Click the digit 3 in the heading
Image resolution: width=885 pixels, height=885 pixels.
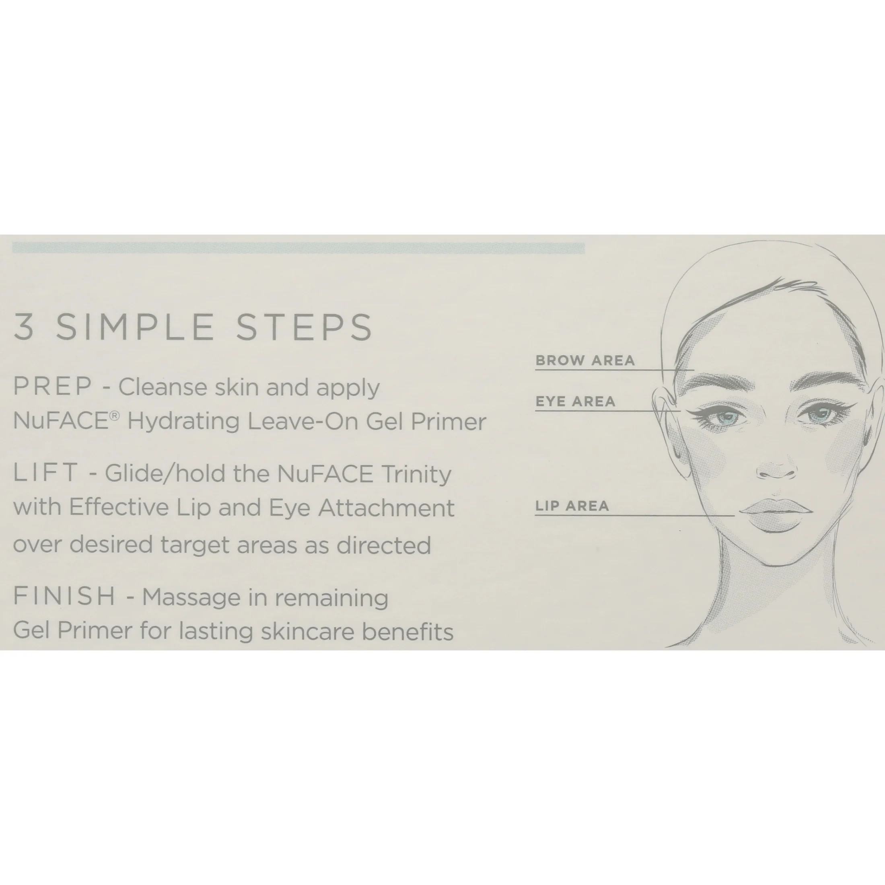[24, 327]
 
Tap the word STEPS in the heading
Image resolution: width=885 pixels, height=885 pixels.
[305, 327]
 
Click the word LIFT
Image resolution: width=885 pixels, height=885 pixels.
[46, 472]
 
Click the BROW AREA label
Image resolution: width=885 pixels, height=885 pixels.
[585, 360]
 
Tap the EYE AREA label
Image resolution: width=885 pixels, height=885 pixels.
[575, 401]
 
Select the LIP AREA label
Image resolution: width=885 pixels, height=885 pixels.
[572, 506]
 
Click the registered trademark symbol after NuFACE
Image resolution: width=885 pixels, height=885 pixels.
[115, 415]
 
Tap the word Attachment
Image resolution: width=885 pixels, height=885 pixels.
[386, 508]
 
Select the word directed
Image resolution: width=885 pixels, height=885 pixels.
[384, 545]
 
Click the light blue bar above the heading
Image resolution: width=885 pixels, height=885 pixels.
[298, 248]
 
